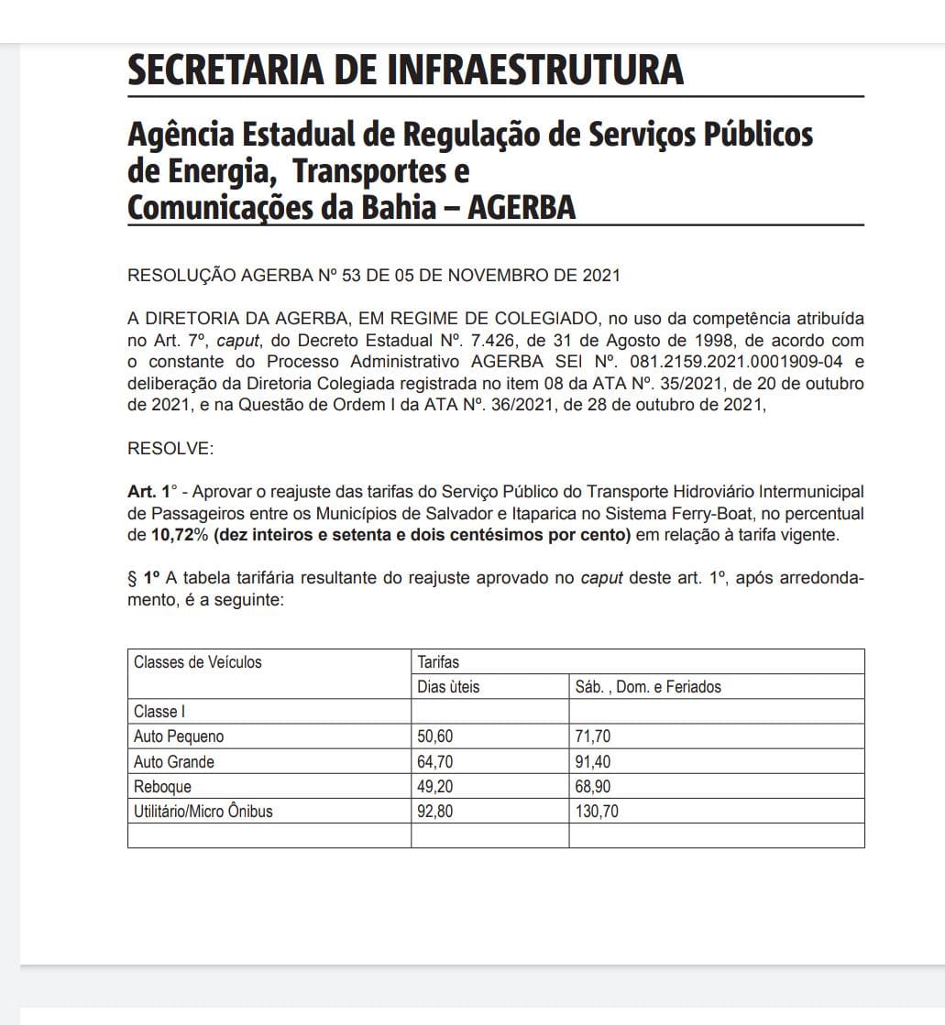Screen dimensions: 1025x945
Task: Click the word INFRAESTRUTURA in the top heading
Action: pyautogui.click(x=536, y=71)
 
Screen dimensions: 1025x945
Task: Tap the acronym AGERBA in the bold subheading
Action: pyautogui.click(x=522, y=208)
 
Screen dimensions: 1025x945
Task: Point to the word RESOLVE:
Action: pyautogui.click(x=170, y=449)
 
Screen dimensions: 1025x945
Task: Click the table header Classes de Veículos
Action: pyautogui.click(x=198, y=662)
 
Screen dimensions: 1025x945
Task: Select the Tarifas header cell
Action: pyautogui.click(x=438, y=662)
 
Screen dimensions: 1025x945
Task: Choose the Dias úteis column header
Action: pyautogui.click(x=448, y=687)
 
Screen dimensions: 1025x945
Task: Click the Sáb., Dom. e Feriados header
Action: pyautogui.click(x=648, y=687)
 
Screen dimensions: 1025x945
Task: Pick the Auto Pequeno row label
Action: pyautogui.click(x=179, y=736)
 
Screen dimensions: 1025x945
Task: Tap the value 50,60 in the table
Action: pyautogui.click(x=435, y=736)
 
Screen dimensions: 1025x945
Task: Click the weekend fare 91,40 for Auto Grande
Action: pyautogui.click(x=593, y=761)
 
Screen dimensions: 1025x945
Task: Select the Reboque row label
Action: pyautogui.click(x=163, y=786)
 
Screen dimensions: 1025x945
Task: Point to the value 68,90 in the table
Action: pyautogui.click(x=593, y=786)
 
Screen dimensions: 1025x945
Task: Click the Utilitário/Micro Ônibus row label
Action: pyautogui.click(x=203, y=811)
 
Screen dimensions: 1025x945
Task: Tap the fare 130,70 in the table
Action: pyautogui.click(x=597, y=811)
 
